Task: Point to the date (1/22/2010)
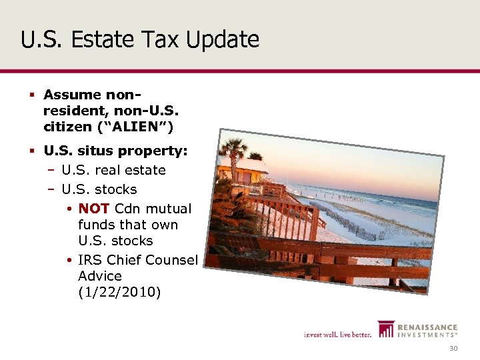tap(119, 292)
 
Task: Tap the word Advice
tap(100, 276)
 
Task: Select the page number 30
tap(453, 349)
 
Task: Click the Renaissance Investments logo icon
tap(386, 329)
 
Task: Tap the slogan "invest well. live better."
tap(337, 334)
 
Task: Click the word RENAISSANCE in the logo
tap(427, 327)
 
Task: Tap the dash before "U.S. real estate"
tap(51, 170)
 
